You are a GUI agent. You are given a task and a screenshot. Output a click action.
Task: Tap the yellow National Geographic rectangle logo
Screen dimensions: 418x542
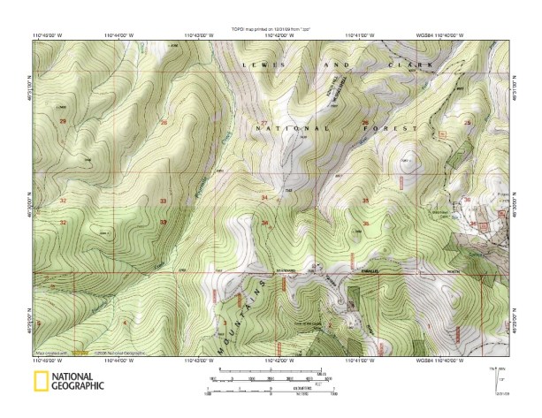point(40,383)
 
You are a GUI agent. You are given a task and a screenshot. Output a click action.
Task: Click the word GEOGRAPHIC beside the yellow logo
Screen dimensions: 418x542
point(78,386)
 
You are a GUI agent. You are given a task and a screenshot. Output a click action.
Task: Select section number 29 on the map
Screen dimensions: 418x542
point(62,120)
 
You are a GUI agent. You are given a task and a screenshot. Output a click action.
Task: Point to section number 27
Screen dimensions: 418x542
point(264,122)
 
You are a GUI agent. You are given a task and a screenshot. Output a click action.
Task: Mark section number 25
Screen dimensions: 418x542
point(467,122)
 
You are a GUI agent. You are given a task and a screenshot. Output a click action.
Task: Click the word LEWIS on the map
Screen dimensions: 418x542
point(256,66)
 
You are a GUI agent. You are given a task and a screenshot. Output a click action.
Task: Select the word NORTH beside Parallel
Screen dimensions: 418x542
point(455,271)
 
